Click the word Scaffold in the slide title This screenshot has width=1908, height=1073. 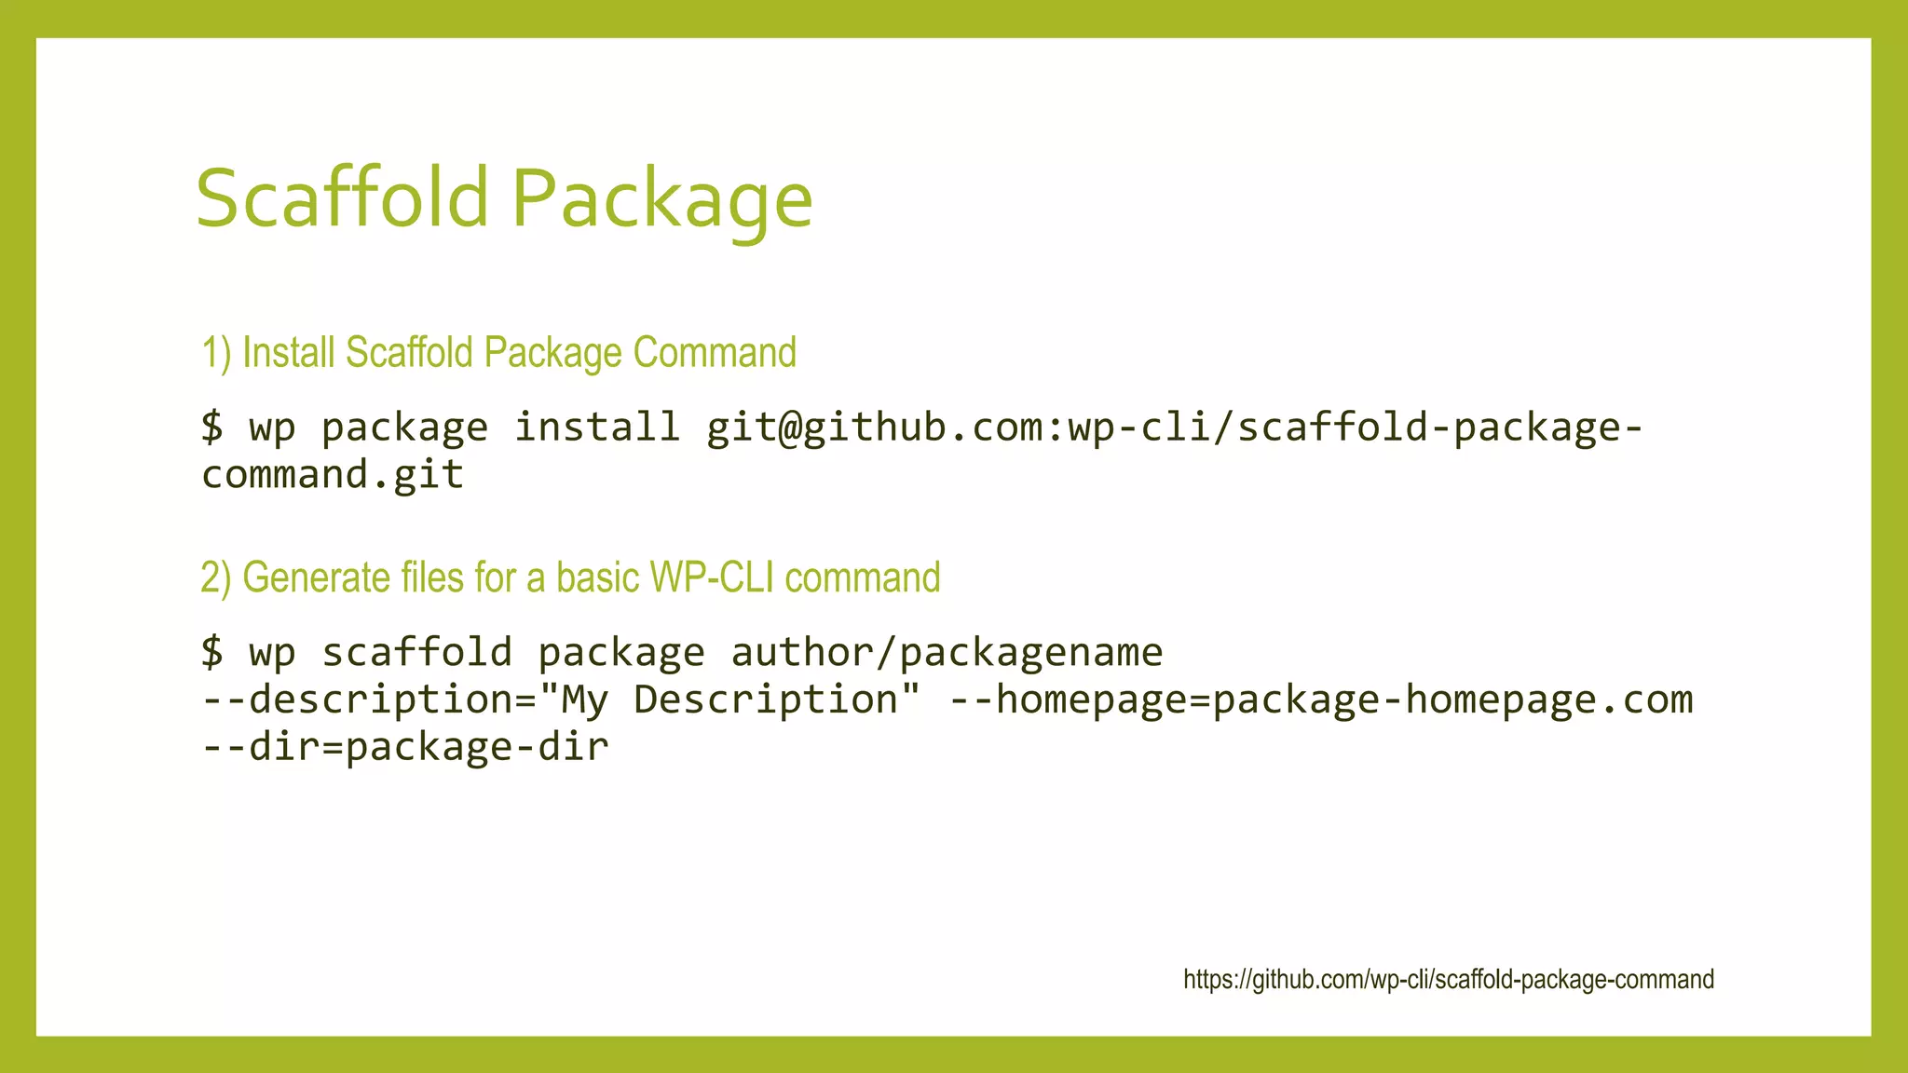pos(342,197)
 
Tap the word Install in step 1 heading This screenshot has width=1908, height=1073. pos(288,353)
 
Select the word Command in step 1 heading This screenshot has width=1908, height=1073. pos(715,353)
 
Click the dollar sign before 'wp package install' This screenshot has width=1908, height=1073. pos(212,428)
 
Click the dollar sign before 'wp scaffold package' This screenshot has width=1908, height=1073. pos(212,652)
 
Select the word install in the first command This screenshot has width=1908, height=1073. pos(597,427)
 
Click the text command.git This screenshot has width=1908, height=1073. pos(333,475)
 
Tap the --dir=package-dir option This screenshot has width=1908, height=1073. pos(405,747)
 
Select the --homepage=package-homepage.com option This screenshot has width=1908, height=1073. pos(1321,699)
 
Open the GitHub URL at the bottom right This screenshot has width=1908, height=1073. pos(1448,980)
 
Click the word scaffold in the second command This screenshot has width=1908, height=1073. pos(417,652)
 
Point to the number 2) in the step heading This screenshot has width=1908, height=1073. pos(215,578)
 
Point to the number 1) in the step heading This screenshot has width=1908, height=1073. pos(216,354)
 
